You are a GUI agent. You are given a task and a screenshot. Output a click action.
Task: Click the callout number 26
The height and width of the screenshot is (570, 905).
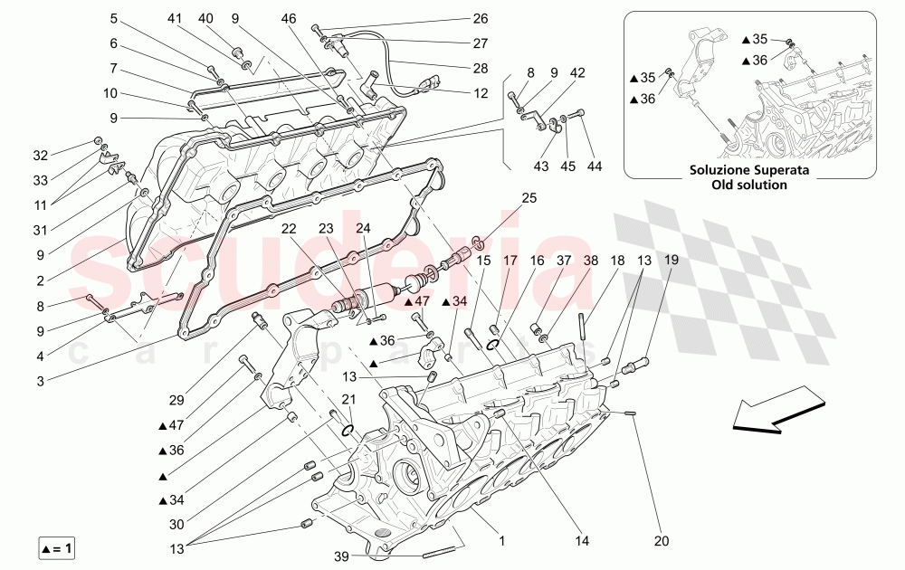pos(481,18)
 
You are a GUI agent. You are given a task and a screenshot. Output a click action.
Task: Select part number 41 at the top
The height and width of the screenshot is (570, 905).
pos(174,18)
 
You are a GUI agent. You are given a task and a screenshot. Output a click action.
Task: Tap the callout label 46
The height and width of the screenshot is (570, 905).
pos(289,18)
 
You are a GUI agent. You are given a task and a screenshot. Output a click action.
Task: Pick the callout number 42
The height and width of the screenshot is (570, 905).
pos(577,72)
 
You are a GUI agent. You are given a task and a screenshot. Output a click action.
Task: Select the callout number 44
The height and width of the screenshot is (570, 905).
pos(594,166)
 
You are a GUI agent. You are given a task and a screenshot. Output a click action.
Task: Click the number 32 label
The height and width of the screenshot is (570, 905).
pos(41,154)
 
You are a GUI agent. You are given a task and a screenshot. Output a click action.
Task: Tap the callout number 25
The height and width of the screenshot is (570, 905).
pos(529,197)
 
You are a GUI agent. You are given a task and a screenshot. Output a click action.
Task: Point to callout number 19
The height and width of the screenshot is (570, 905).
pos(672,261)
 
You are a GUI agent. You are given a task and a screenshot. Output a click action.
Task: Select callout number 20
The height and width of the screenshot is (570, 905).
pos(662,541)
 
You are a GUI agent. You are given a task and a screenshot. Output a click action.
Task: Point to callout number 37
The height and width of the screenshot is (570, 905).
pos(564,261)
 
